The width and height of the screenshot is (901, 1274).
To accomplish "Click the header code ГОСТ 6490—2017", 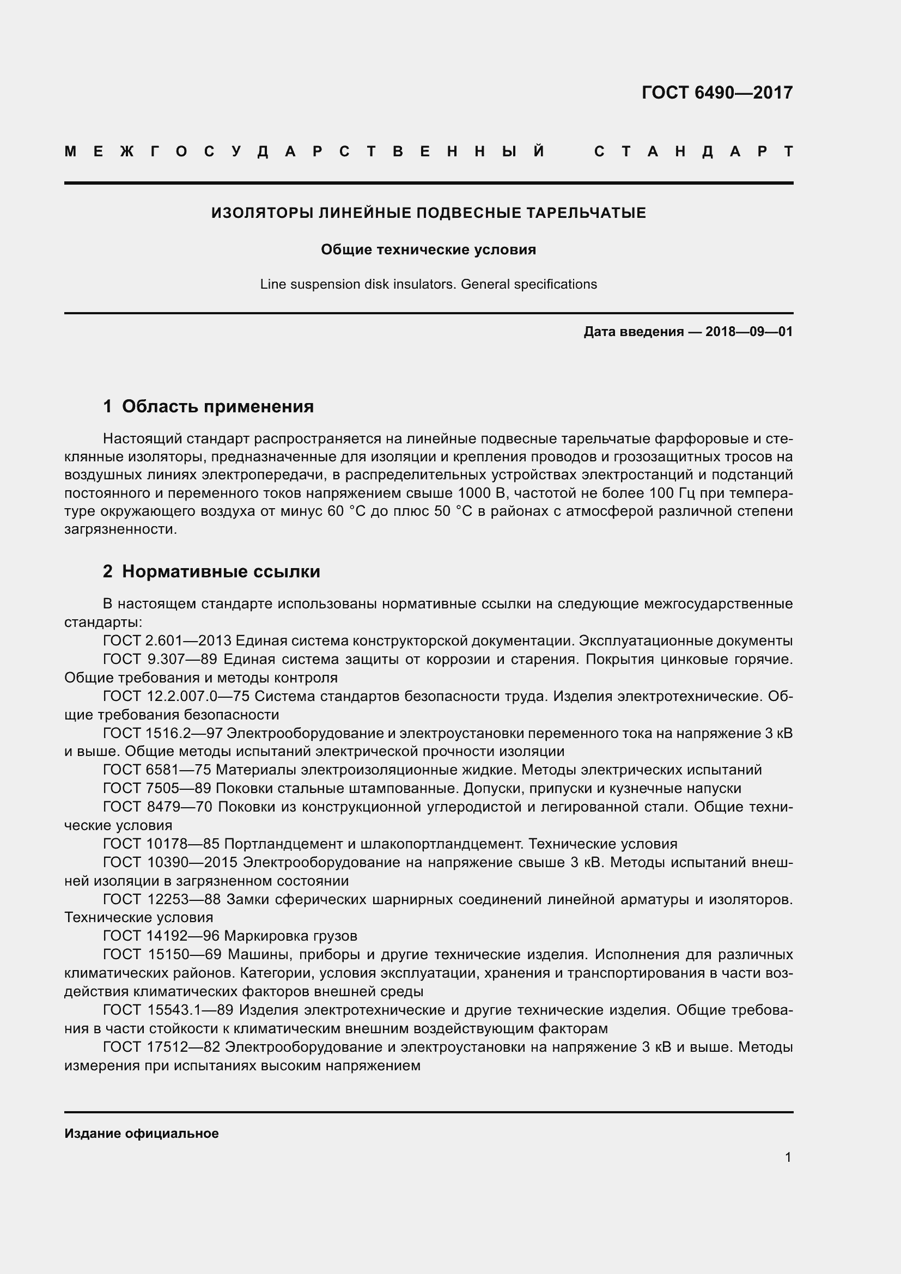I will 717,92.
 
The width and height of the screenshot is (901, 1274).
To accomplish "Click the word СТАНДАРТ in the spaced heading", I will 693,151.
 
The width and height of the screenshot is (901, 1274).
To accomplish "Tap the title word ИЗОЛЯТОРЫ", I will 263,213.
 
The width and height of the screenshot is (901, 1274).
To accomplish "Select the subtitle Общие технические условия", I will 428,249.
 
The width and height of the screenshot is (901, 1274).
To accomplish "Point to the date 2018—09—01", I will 748,332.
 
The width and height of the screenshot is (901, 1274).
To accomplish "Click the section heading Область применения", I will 217,407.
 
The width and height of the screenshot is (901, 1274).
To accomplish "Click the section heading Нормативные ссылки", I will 221,571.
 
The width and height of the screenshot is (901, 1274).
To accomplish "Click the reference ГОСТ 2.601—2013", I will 167,641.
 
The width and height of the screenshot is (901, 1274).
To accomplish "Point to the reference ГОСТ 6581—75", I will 157,770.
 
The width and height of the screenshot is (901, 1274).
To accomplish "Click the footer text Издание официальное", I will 142,1133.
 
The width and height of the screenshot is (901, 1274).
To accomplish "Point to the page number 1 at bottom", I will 788,1157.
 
